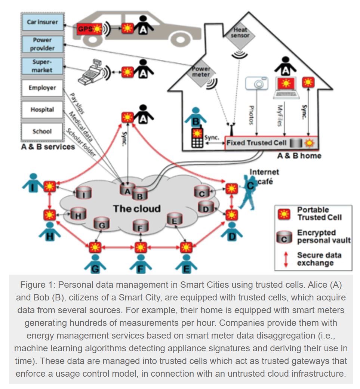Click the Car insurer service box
click(42, 22)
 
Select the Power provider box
click(42, 44)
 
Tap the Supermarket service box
click(42, 66)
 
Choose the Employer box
click(42, 88)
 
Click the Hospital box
click(42, 110)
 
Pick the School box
click(42, 132)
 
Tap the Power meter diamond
click(201, 71)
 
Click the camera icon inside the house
click(257, 83)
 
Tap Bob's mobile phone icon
click(197, 138)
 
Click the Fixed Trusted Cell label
click(256, 143)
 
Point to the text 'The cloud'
click(137, 208)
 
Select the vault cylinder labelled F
click(141, 226)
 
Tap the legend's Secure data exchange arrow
click(286, 259)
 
